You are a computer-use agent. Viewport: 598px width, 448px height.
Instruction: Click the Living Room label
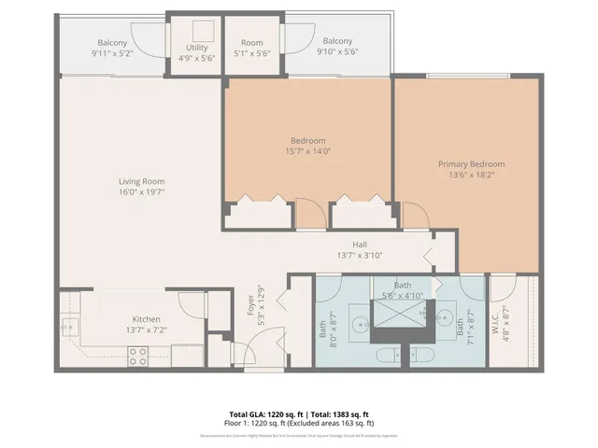(x=141, y=182)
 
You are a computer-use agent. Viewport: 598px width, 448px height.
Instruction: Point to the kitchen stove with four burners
(x=137, y=356)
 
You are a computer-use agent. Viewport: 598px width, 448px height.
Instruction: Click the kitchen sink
(x=69, y=326)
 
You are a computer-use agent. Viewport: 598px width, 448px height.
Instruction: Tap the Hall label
(x=359, y=245)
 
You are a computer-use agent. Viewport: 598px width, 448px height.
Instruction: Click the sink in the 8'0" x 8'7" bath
(x=359, y=325)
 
